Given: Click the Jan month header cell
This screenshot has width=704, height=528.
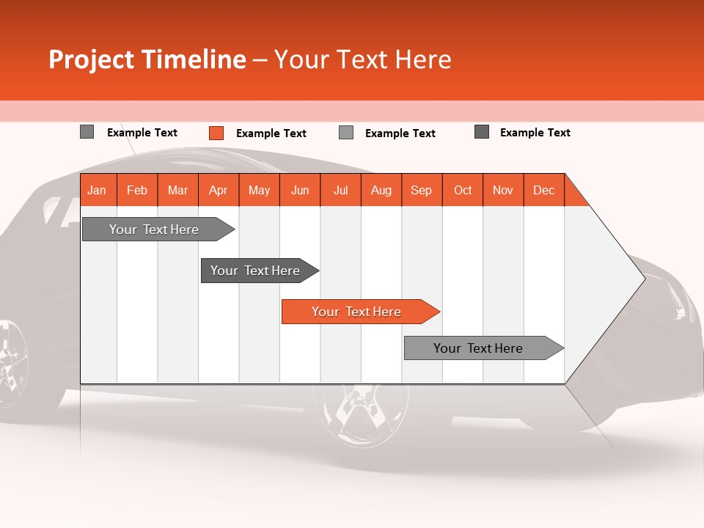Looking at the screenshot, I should [x=98, y=190].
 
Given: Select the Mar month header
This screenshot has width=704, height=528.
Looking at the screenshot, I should [x=177, y=190].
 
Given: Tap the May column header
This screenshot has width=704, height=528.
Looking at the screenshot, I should [x=259, y=190].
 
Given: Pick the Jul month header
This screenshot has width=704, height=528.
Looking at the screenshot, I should [x=340, y=190].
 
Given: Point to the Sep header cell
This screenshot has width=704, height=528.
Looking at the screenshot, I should [x=421, y=190].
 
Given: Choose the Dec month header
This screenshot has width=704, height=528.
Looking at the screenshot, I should [x=543, y=190].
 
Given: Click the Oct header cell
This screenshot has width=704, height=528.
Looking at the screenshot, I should [x=463, y=190].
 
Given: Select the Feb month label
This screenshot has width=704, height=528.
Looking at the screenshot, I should [x=137, y=190].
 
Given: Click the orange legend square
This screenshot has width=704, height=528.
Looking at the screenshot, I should [x=216, y=133].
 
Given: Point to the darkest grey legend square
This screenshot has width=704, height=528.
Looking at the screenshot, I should [x=482, y=132].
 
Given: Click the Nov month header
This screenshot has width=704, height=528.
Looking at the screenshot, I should [x=503, y=190].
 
